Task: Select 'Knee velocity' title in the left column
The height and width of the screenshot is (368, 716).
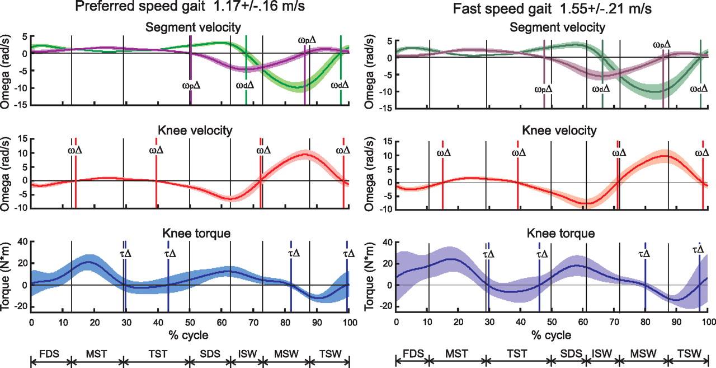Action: (190, 130)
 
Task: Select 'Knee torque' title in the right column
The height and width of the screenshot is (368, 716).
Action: (554, 232)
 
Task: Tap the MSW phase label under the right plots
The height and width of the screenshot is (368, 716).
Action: (640, 353)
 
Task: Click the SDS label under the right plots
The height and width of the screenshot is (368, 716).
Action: (569, 353)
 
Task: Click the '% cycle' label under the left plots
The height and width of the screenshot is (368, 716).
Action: (190, 335)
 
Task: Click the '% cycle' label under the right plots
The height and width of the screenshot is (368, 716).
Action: (553, 335)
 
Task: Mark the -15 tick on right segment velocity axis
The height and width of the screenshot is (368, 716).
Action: (385, 109)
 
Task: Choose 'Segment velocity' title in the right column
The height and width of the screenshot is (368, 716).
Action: (554, 27)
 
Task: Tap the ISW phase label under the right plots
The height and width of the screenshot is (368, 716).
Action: (602, 353)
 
